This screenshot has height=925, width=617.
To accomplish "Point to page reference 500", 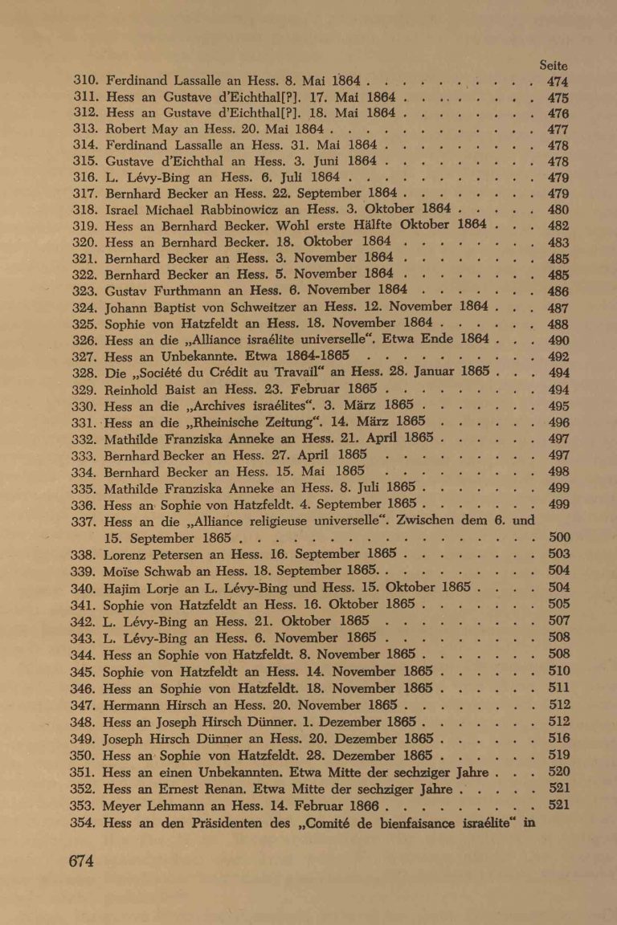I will tap(558, 537).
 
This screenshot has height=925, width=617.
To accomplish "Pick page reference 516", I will tap(558, 738).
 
